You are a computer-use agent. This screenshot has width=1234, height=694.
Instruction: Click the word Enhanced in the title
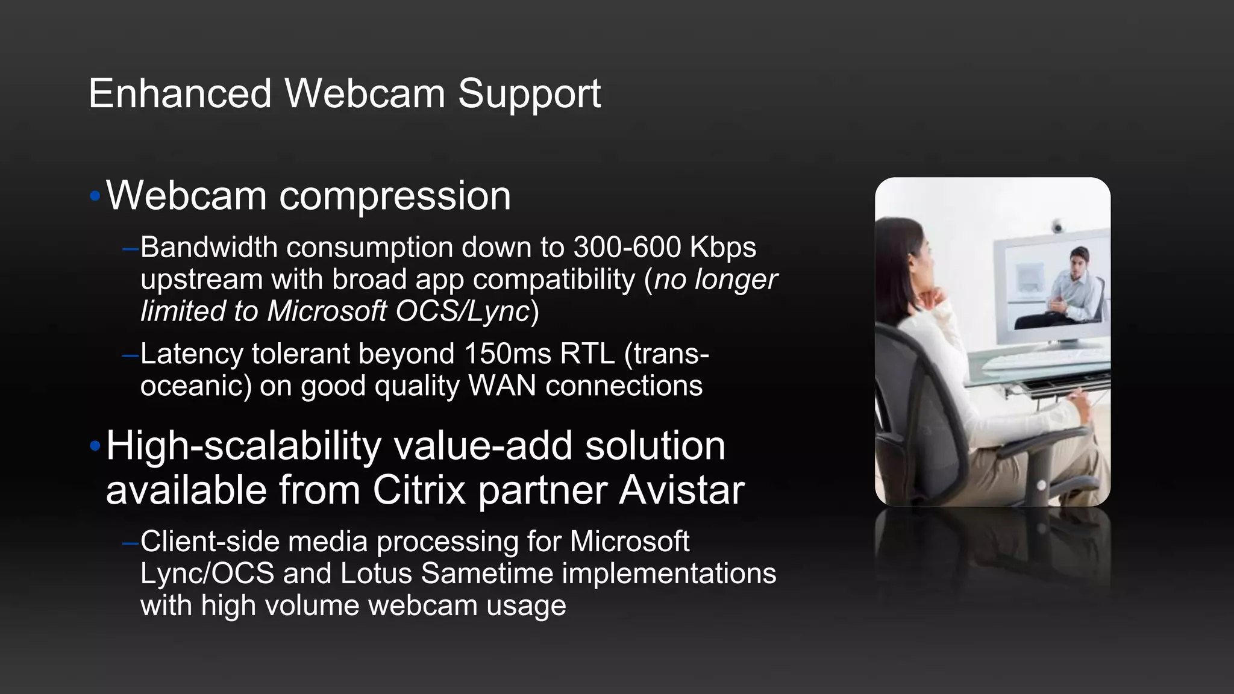180,94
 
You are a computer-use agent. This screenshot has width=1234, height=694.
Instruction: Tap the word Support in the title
529,95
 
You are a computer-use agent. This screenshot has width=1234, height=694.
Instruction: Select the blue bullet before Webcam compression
95,196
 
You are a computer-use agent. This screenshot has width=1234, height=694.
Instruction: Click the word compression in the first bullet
395,196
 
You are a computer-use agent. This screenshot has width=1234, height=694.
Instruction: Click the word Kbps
723,248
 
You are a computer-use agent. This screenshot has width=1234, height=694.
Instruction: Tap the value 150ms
507,354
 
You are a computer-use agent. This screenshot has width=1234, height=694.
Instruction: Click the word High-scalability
243,446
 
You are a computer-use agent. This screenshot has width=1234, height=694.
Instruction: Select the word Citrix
419,490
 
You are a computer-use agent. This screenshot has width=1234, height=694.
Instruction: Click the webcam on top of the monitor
1057,226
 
